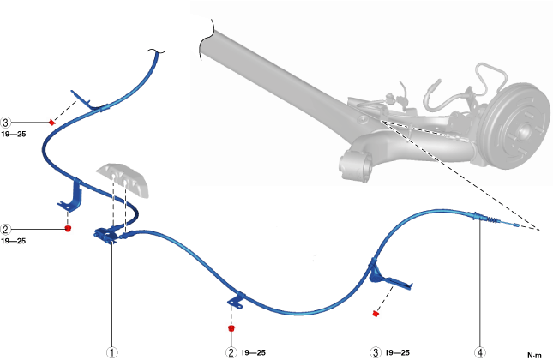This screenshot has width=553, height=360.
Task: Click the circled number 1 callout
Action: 111,351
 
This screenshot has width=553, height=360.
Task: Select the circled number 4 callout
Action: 480,351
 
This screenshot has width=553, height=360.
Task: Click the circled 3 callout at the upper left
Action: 6,123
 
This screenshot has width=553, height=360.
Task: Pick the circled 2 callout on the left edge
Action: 6,229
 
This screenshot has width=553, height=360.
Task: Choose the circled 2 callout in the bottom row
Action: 231,351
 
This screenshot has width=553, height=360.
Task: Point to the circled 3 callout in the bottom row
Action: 375,351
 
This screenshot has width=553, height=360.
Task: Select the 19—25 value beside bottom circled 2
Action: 254,352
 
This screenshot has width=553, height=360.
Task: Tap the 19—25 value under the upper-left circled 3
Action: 14,135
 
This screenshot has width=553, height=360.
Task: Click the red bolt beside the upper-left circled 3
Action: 52,123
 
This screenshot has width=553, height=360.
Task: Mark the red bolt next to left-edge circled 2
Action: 68,229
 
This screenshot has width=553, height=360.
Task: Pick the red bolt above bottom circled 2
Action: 231,327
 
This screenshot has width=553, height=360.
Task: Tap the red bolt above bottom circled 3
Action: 376,315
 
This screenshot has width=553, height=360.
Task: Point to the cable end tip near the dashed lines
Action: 515,225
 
